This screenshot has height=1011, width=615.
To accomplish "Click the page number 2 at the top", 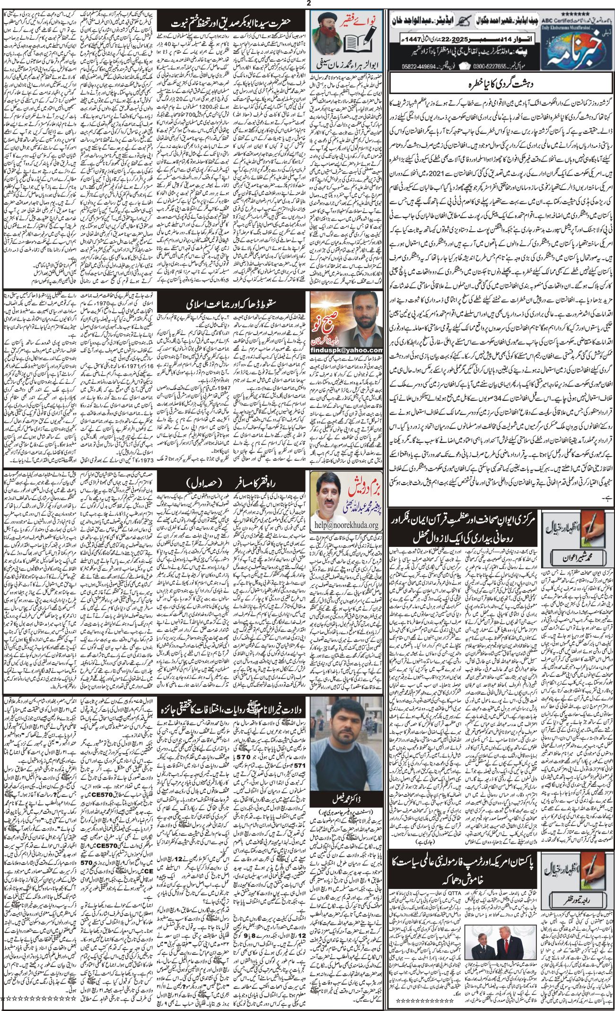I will coord(308,4).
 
